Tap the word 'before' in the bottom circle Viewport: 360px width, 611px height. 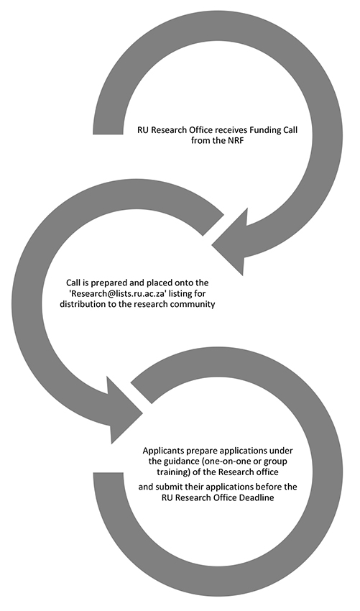point(269,487)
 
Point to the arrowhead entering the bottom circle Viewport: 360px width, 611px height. point(121,411)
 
